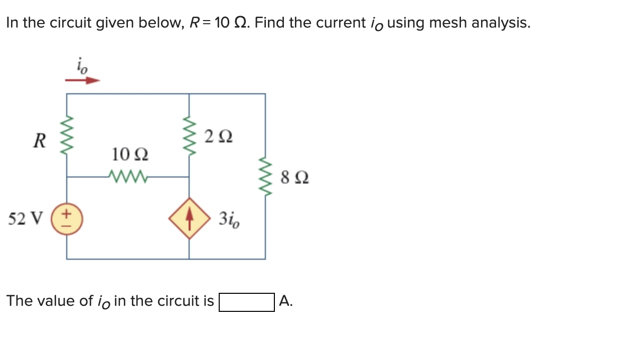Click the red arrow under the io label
click(83, 80)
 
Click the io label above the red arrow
click(82, 66)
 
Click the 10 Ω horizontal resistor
click(128, 176)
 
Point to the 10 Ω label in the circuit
click(129, 154)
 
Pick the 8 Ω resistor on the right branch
click(265, 176)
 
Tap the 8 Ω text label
click(295, 177)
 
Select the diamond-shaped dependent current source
click(189, 220)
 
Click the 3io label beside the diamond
click(229, 220)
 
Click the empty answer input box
click(246, 302)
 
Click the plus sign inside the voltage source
click(67, 214)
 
